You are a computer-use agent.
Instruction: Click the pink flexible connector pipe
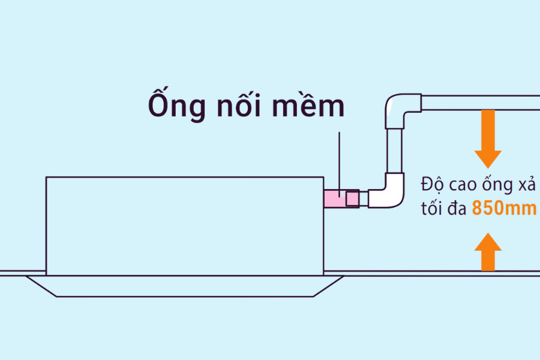(334, 199)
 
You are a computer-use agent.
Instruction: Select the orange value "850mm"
(504, 209)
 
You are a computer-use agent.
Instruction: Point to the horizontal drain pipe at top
(480, 103)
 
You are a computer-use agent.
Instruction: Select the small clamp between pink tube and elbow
(352, 199)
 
